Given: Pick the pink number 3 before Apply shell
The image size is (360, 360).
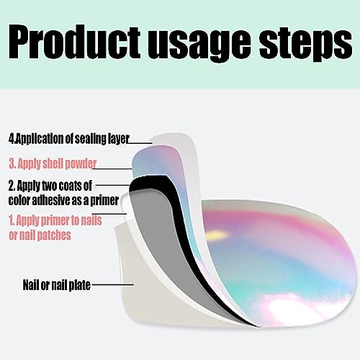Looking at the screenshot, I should tap(11, 163).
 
